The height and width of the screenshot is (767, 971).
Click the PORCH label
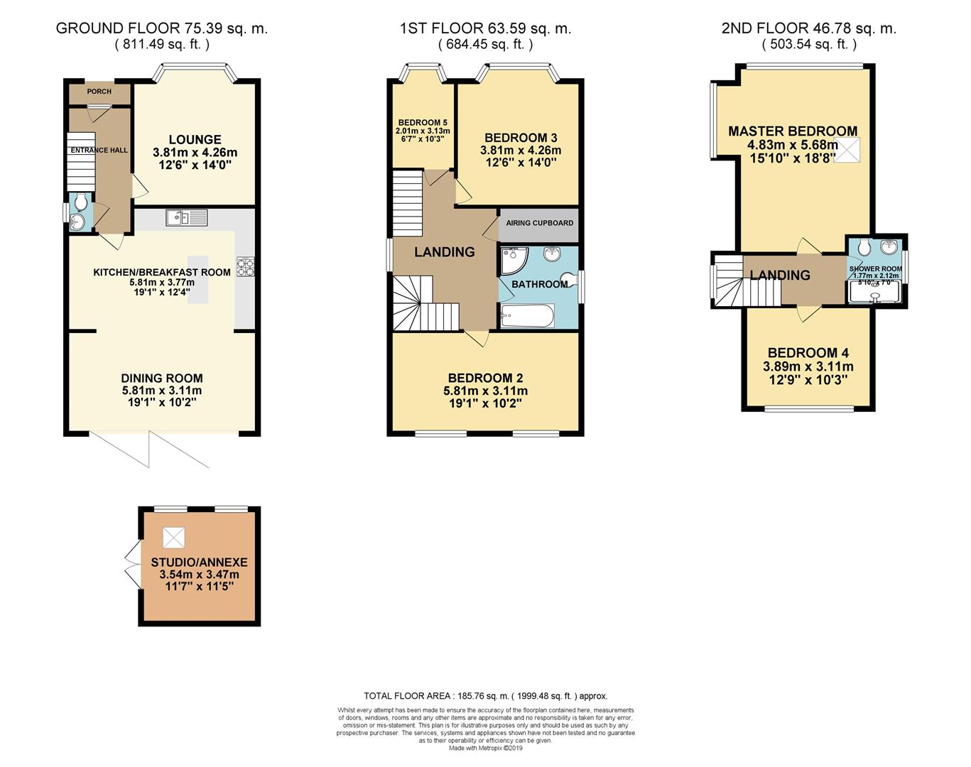99,92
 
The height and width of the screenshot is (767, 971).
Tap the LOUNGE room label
195,140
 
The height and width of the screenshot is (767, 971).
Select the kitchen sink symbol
187,218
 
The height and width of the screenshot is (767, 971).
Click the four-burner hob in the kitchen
246,266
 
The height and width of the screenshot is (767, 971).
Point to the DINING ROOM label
162,379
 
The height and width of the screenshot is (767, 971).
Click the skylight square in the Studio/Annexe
173,538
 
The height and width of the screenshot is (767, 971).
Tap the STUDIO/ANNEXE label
199,562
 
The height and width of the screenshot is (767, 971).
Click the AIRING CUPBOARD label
539,223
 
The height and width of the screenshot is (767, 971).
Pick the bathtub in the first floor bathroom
527,315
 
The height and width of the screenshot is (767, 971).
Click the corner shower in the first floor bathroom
512,261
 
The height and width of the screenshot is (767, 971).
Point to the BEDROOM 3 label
521,138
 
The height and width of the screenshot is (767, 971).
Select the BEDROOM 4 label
808,353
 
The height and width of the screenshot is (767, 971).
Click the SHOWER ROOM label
875,269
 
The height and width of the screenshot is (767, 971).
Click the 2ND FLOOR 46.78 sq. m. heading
808,29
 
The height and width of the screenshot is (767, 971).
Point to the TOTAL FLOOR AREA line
485,696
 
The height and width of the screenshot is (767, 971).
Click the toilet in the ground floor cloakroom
80,202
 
